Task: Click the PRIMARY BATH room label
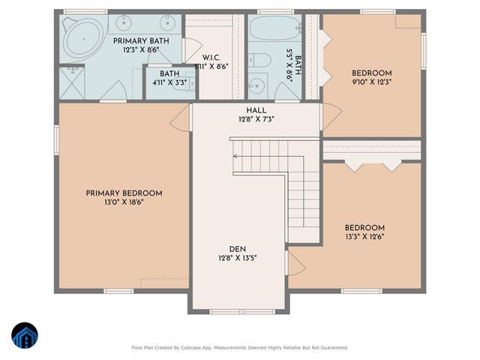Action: click(142, 40)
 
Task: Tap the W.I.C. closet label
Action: click(211, 57)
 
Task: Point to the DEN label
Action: click(238, 249)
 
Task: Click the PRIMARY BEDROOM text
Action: click(124, 193)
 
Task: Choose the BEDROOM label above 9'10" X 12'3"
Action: click(371, 73)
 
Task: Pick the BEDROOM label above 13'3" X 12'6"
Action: click(364, 228)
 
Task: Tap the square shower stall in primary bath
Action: click(73, 82)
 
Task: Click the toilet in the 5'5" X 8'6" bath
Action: click(256, 85)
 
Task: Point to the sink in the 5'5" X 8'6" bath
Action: click(256, 61)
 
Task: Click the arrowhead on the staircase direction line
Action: click(235, 156)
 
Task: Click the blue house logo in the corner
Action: click(24, 335)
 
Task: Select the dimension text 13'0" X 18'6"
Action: click(124, 202)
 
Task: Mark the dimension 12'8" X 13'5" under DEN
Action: click(238, 259)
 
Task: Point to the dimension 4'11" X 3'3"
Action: click(169, 82)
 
